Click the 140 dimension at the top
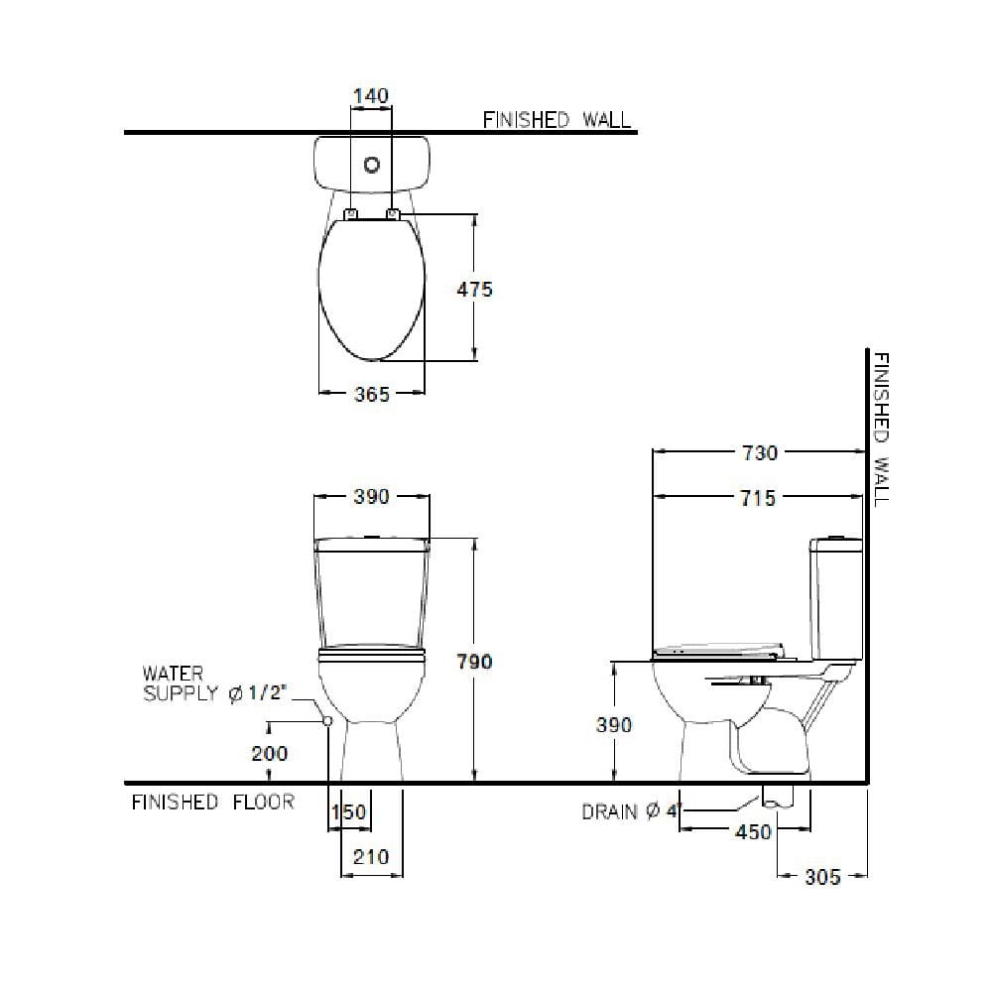(371, 96)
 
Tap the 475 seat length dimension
(474, 290)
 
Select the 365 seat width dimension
(372, 395)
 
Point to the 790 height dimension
(474, 662)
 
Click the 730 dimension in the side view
(759, 453)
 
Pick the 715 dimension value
(758, 499)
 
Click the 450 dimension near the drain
(754, 832)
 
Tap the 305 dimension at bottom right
(822, 877)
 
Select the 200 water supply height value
(270, 754)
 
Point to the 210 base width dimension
(371, 857)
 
